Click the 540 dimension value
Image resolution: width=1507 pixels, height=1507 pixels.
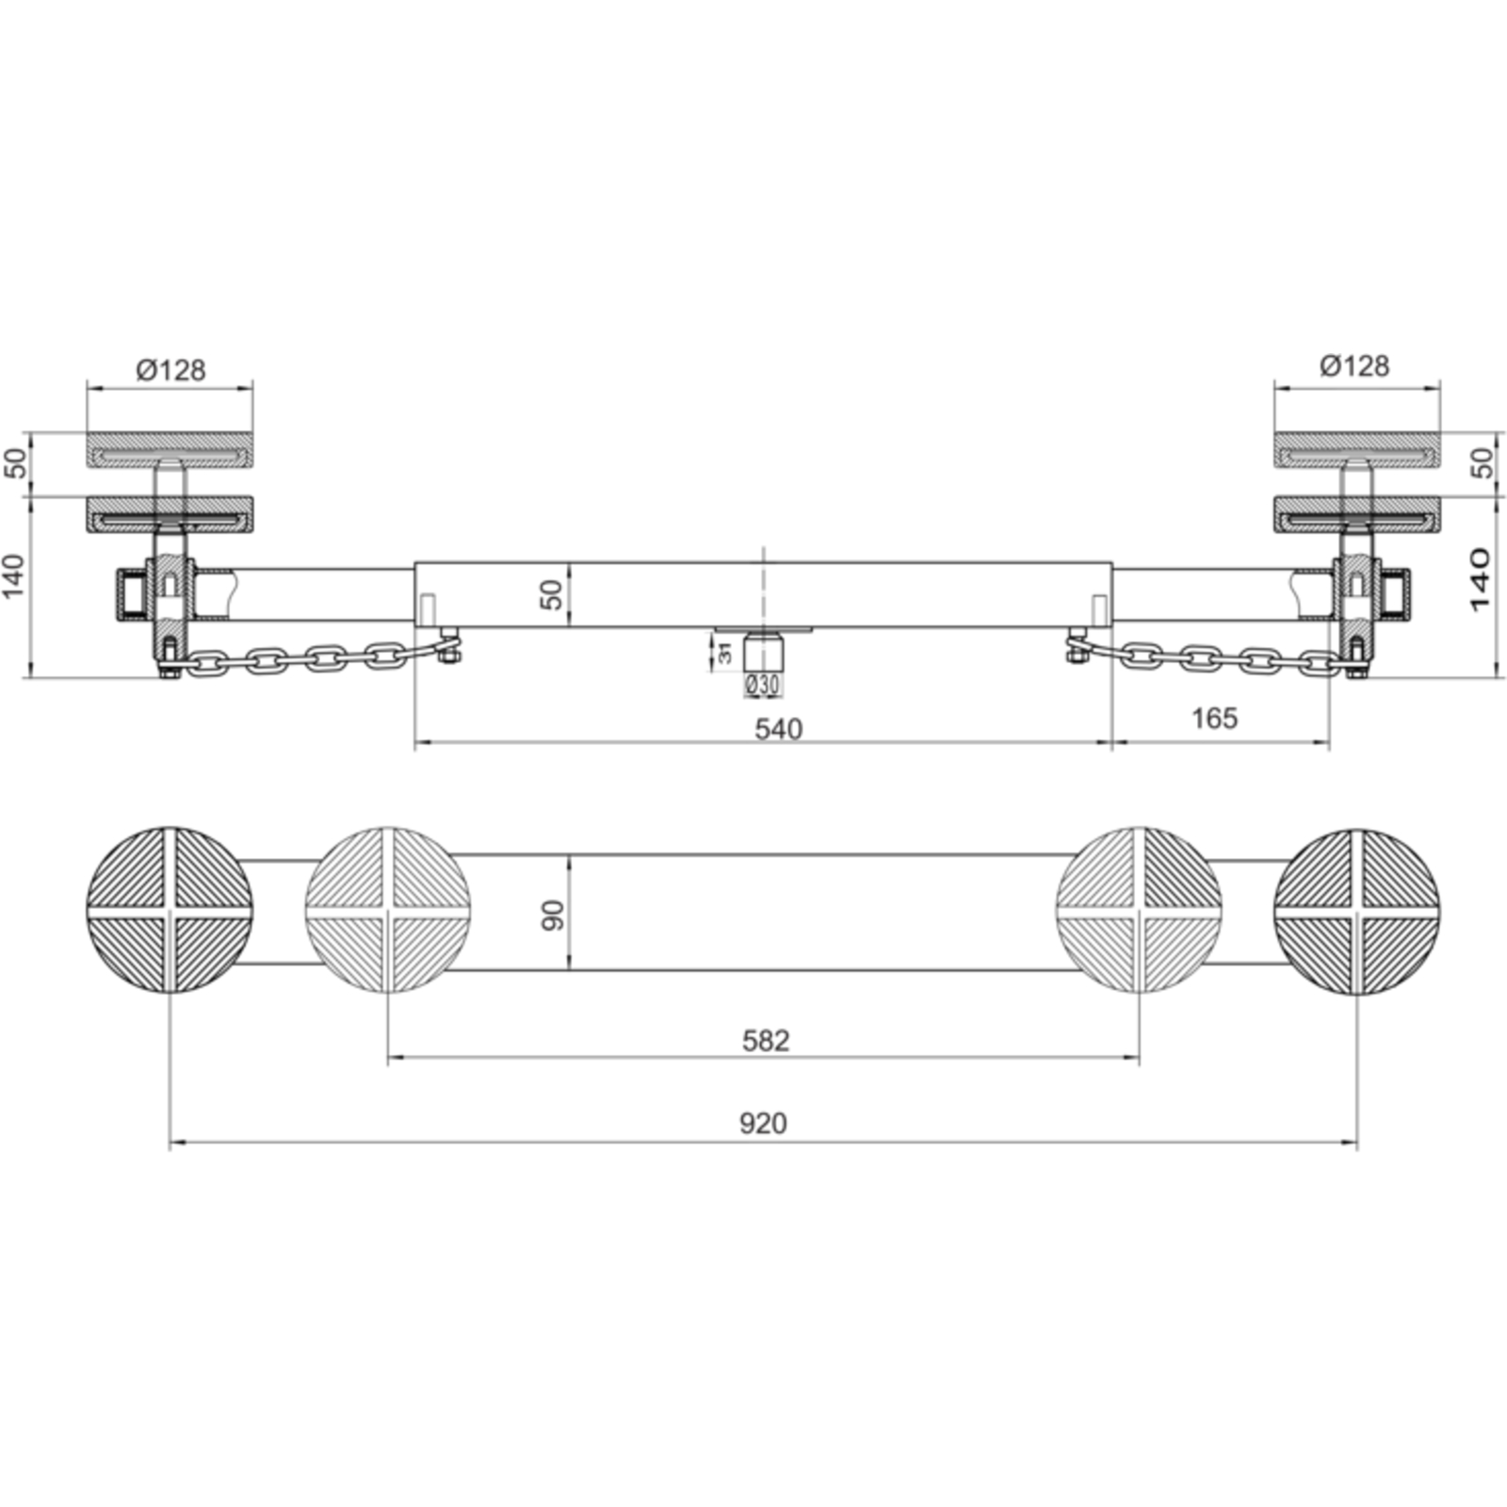click(779, 729)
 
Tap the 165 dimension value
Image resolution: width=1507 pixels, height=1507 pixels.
click(1214, 719)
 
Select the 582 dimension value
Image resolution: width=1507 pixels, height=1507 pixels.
click(765, 1041)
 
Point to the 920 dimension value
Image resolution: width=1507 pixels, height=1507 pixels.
click(763, 1124)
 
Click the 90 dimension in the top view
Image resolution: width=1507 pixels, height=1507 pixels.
click(553, 915)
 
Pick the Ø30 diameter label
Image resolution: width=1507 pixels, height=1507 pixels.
click(762, 686)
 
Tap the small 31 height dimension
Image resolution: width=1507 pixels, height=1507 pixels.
click(725, 652)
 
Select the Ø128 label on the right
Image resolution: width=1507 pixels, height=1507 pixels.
click(1354, 365)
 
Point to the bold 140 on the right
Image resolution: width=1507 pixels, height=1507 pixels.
click(1478, 578)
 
